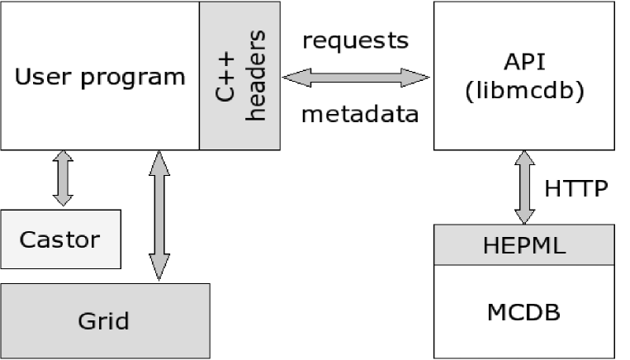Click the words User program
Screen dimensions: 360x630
tap(101, 78)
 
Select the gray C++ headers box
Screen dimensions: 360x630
tap(239, 76)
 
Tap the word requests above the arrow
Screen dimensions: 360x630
tap(355, 40)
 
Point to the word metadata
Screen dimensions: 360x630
tap(359, 114)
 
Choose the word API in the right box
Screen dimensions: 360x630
tap(523, 64)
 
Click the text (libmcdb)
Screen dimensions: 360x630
tap(523, 91)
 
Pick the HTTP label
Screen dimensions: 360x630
tap(576, 189)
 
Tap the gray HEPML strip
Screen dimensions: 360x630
tap(523, 245)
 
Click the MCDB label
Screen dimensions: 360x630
tap(523, 312)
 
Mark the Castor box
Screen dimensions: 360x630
tap(59, 240)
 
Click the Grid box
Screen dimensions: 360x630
tap(104, 320)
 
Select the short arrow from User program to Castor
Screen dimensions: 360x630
tap(62, 178)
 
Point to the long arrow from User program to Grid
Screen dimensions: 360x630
tap(160, 216)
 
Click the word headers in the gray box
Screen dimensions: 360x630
tap(256, 76)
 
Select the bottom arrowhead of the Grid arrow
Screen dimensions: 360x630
tap(160, 269)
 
